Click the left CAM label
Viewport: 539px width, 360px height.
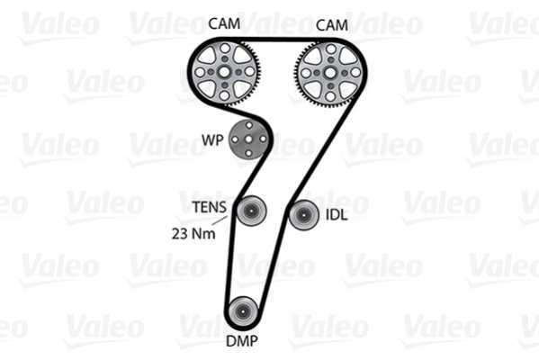[224, 23]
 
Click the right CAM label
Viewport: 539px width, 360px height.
[332, 25]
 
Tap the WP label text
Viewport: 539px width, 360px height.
[212, 139]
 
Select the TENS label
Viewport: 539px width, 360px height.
[210, 207]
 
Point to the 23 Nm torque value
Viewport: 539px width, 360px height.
[193, 234]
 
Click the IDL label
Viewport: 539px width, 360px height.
[337, 215]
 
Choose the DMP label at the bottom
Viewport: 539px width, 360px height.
[242, 341]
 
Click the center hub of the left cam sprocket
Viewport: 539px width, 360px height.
[224, 72]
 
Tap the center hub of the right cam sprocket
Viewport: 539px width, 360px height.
[330, 73]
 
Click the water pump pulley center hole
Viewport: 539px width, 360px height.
[249, 139]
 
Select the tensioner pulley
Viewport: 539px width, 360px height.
[251, 211]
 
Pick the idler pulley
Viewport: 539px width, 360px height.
[303, 215]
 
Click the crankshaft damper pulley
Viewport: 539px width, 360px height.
[243, 311]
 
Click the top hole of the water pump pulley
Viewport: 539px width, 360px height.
[249, 125]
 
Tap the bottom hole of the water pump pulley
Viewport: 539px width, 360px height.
[249, 153]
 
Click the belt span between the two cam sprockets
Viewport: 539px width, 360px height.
[277, 40]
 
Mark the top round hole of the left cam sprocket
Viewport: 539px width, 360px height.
[225, 48]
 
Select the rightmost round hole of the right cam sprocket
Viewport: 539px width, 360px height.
[355, 73]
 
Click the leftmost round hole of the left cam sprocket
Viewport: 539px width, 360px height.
[200, 72]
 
